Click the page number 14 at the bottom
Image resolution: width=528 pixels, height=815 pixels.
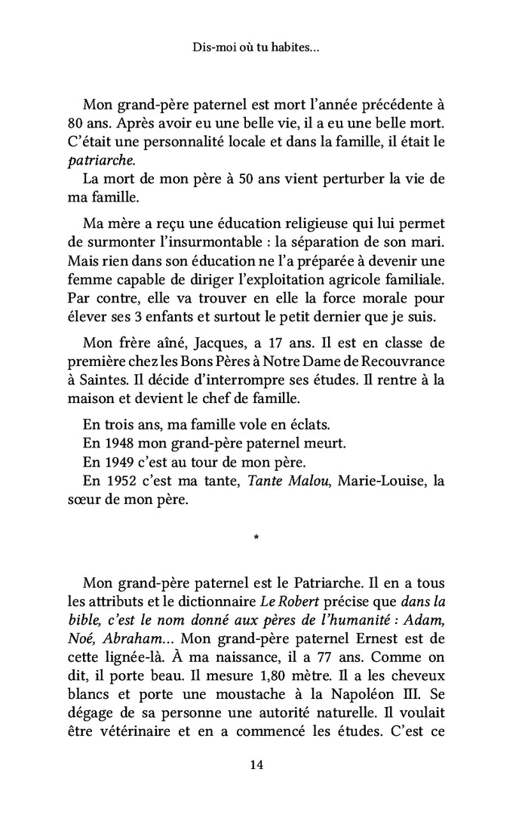coord(256,765)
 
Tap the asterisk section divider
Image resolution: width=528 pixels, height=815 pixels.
coord(256,539)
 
